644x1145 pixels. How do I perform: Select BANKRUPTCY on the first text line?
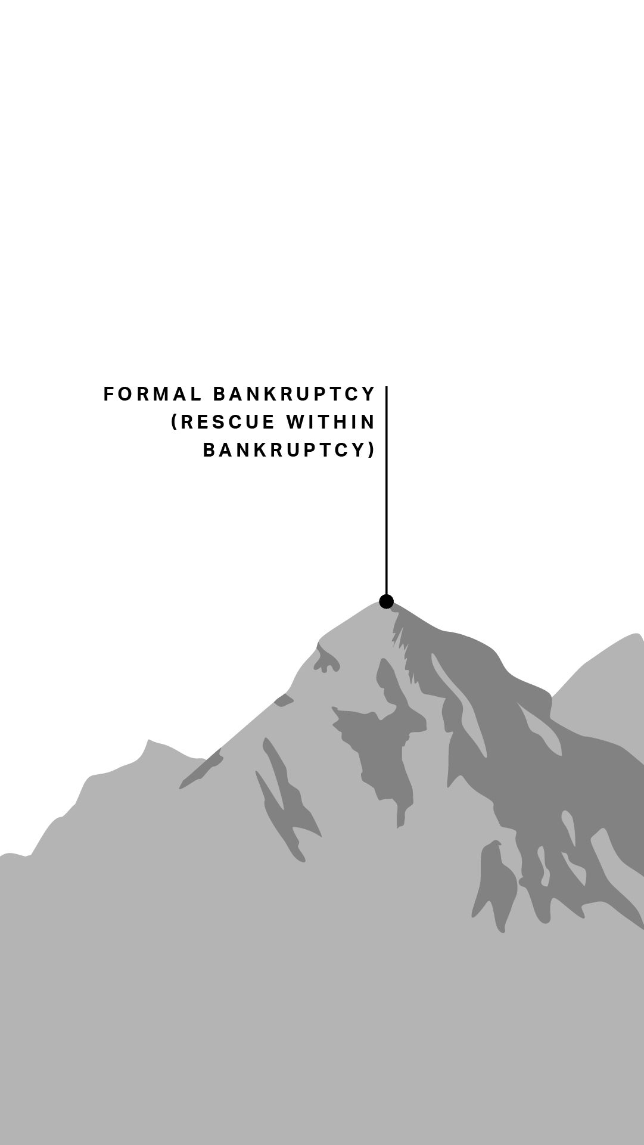294,394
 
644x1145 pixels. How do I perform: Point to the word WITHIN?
331,422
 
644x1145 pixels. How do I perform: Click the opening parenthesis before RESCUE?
175,422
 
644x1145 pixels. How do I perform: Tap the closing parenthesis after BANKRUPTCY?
372,449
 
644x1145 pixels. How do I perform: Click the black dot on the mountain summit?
387,601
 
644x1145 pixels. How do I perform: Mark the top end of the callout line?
387,387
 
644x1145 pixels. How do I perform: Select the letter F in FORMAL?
108,394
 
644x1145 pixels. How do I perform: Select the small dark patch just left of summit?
326,660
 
